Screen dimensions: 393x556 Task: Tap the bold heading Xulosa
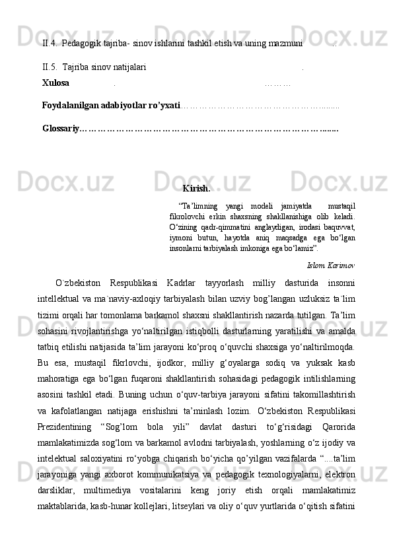point(55,83)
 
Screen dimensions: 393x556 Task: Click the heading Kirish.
point(196,189)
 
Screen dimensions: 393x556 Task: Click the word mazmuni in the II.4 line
point(285,44)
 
